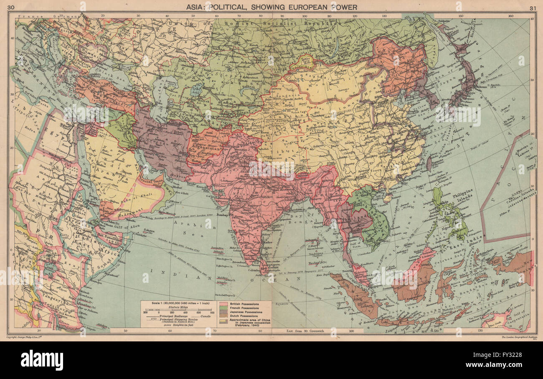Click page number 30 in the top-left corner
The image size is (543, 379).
pos(11,7)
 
